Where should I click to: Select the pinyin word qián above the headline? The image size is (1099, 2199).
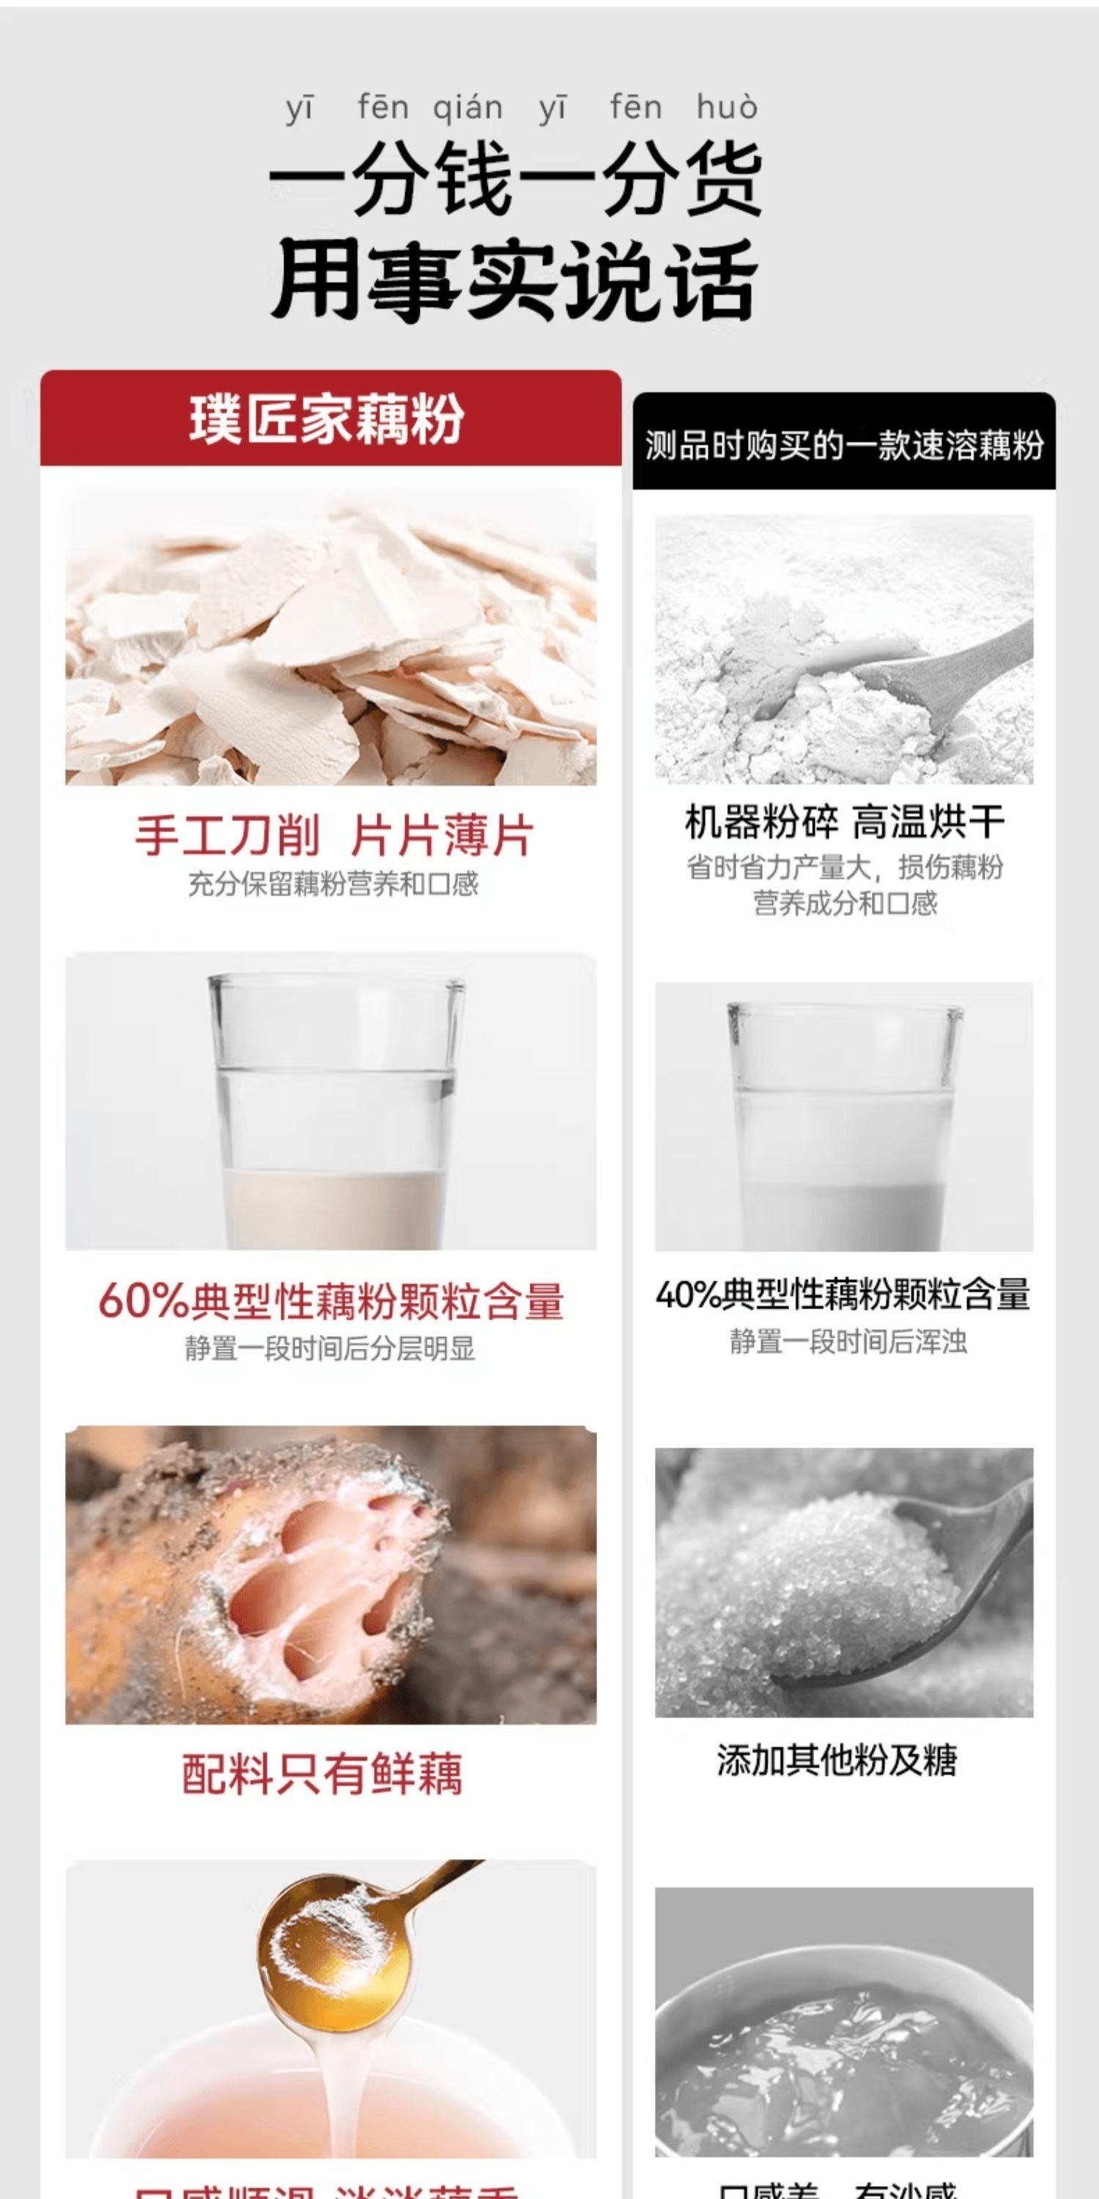467,108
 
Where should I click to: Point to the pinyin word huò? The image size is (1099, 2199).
726,108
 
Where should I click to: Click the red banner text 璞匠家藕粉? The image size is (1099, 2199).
327,419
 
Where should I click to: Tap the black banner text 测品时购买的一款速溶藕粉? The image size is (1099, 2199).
844,445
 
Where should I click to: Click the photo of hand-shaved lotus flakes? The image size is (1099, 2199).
331,636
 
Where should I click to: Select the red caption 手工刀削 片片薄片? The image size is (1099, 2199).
333,835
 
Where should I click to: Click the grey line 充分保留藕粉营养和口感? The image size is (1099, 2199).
333,883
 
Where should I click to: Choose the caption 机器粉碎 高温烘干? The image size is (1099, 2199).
845,821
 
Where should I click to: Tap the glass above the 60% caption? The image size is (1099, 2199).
336,1110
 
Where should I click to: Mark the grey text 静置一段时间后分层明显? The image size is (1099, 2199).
330,1349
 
